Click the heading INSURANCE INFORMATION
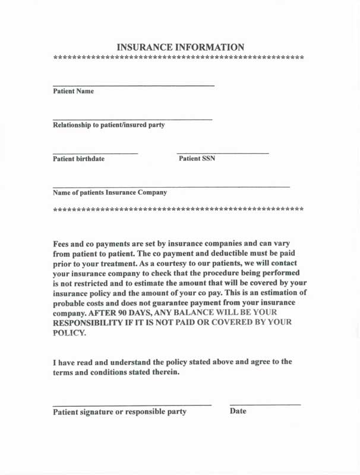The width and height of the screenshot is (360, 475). (180, 47)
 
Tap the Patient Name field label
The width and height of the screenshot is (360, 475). (73, 91)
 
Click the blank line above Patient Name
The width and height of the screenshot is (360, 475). (133, 86)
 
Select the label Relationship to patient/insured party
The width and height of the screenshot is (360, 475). (109, 125)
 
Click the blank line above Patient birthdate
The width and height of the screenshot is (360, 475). (95, 154)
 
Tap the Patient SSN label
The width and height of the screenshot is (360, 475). (197, 159)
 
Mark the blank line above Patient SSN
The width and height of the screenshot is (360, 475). (223, 154)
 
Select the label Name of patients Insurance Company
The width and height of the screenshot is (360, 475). (110, 192)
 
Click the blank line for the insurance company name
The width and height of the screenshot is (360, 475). (171, 187)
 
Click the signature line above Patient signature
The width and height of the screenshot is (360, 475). (132, 405)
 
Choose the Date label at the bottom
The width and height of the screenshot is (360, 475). (238, 411)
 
